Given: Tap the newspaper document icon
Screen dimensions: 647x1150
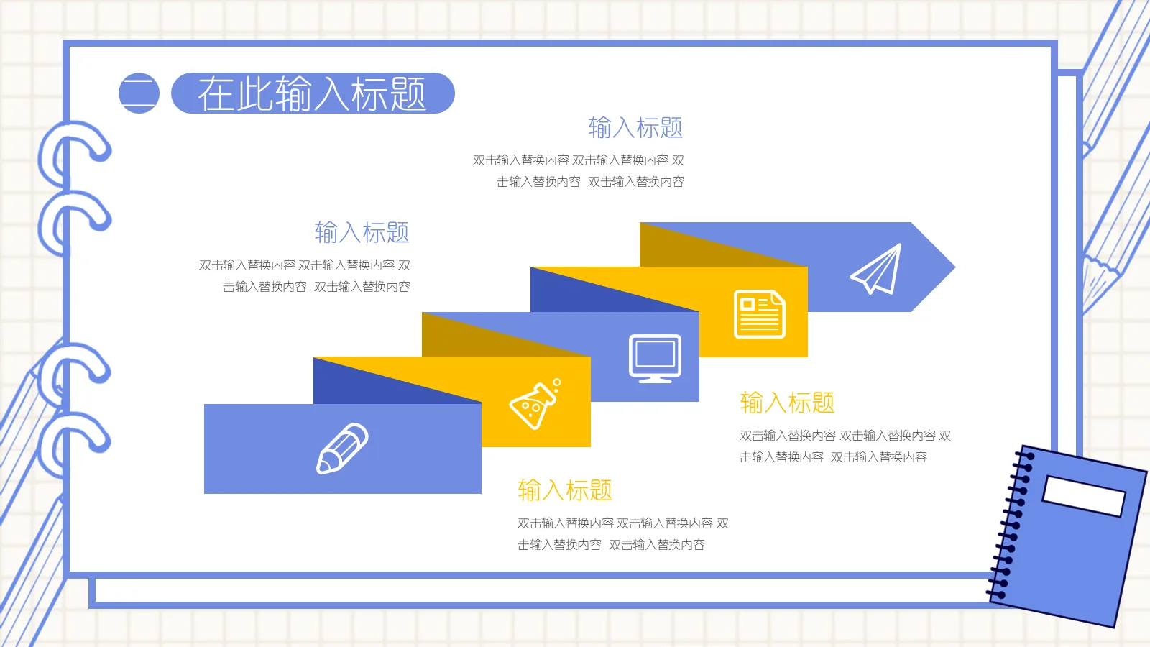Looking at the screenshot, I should (x=759, y=314).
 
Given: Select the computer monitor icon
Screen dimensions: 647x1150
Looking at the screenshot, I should (x=655, y=358).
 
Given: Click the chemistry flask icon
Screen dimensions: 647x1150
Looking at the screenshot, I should (x=534, y=404).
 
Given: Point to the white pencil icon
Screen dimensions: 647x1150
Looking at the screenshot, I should (x=342, y=449).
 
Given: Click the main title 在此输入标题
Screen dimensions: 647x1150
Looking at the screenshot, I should (x=312, y=93).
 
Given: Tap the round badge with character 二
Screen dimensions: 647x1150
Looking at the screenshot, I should (x=139, y=93).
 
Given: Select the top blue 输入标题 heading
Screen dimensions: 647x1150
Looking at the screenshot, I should (x=635, y=128).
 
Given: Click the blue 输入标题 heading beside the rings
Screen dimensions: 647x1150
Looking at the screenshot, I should (x=362, y=233).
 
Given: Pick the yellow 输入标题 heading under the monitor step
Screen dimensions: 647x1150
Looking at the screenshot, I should (x=787, y=403).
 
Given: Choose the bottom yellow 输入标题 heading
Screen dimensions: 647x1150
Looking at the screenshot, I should (x=565, y=490).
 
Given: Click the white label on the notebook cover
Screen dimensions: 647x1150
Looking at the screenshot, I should (x=1084, y=495).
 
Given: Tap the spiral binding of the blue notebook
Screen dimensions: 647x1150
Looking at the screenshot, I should (x=1011, y=525).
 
